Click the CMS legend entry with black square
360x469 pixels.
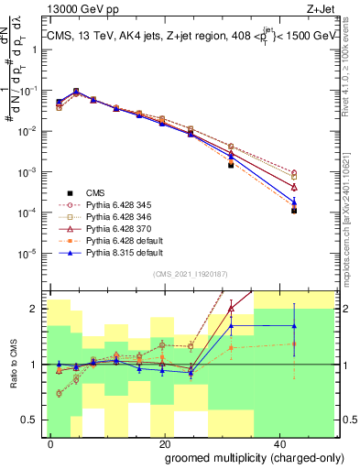click(x=95, y=192)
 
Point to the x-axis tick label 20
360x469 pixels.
click(x=163, y=442)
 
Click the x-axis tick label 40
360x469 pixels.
click(x=276, y=442)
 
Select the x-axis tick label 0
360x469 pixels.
click(x=51, y=442)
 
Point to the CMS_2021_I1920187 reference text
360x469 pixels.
click(x=192, y=274)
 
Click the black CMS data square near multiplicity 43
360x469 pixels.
click(x=294, y=211)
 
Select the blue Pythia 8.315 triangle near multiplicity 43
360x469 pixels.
click(x=294, y=202)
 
